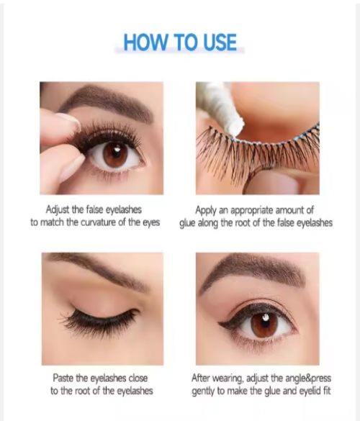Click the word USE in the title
[x=220, y=42]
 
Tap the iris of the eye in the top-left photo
[x=116, y=154]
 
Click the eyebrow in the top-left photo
[x=107, y=103]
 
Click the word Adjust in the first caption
[x=58, y=210]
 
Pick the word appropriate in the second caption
[x=252, y=211]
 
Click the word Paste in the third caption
[x=63, y=378]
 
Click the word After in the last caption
[x=200, y=378]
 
